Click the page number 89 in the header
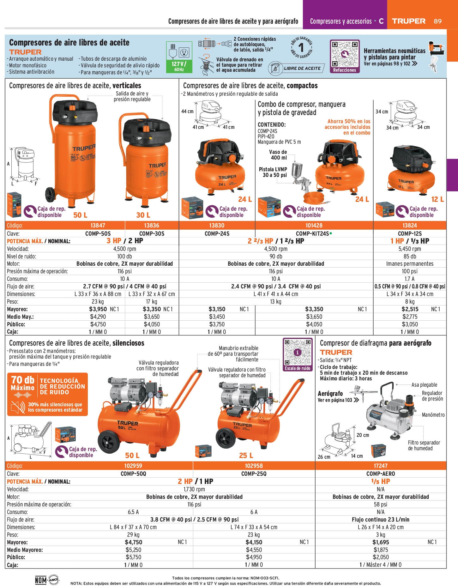point(437,21)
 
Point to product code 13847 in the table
point(98,225)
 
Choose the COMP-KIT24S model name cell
point(314,233)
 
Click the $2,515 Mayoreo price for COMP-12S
point(410,309)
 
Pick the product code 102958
point(254,466)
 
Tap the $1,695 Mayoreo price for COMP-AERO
point(381,542)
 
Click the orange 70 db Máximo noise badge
point(47,394)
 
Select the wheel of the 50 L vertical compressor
point(51,194)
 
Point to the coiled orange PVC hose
point(316,198)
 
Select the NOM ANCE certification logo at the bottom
point(47,580)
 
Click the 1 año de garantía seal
point(302,48)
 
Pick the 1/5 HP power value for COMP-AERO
point(381,481)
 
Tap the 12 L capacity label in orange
point(437,199)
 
